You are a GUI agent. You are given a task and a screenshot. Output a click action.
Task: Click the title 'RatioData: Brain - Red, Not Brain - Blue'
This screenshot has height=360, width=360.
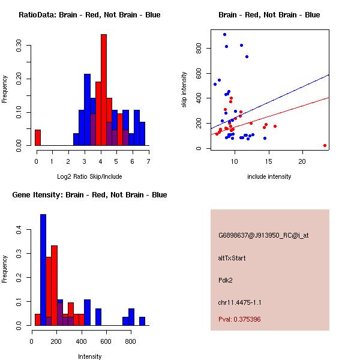[x=89, y=15]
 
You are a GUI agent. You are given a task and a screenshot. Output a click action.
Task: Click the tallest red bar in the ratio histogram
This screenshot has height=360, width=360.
[x=104, y=90]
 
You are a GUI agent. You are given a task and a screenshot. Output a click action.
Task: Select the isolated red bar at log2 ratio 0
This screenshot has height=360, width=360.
[x=38, y=137]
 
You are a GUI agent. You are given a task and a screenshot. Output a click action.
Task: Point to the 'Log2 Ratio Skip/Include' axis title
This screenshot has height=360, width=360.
[x=89, y=176]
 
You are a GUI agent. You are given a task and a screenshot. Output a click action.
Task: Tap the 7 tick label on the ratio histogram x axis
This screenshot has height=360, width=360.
[x=148, y=161]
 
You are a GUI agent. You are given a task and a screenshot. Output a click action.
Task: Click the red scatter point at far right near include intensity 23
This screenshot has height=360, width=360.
[x=325, y=145]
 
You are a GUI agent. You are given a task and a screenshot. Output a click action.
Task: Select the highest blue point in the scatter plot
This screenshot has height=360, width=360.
[x=224, y=34]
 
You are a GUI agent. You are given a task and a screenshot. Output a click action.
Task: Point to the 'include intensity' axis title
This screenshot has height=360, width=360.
[x=269, y=176]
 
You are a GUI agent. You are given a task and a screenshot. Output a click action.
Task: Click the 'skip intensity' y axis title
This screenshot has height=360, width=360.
[x=185, y=90]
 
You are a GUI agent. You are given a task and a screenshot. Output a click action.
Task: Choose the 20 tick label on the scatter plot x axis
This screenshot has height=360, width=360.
[x=302, y=161]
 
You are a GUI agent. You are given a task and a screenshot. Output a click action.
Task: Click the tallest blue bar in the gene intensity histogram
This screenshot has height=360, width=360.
[x=43, y=269]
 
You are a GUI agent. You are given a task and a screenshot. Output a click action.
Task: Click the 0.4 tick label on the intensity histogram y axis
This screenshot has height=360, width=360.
[x=19, y=230]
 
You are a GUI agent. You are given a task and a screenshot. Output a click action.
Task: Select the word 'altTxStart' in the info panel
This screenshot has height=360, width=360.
[x=232, y=258]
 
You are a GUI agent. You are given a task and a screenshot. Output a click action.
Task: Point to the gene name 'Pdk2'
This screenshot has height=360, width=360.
[x=225, y=280]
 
